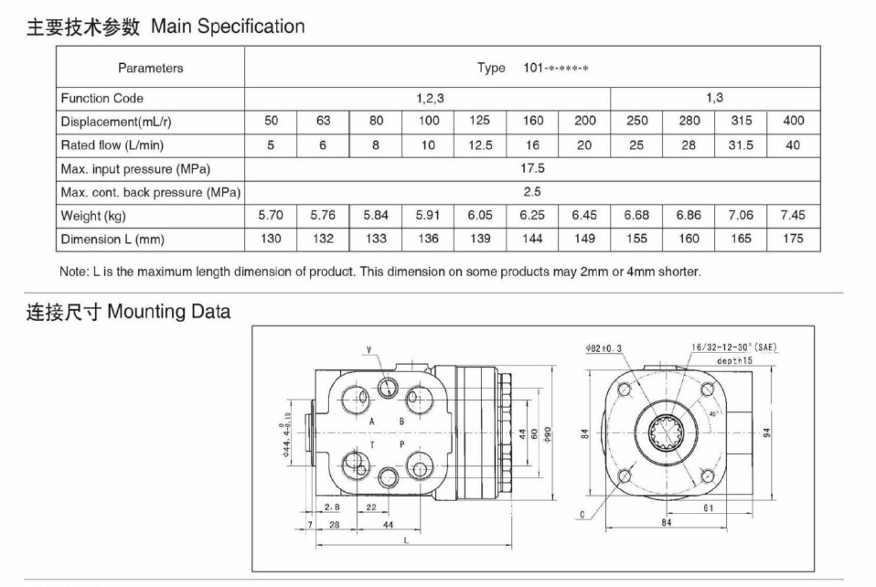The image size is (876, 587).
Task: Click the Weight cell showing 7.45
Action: click(793, 215)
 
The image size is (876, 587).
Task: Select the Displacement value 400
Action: click(793, 121)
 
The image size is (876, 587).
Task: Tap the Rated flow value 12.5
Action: click(480, 144)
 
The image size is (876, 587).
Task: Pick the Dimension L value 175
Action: click(793, 239)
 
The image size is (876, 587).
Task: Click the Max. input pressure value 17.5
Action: click(532, 168)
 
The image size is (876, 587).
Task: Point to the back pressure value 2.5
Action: click(532, 192)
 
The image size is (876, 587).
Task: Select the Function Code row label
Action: click(102, 98)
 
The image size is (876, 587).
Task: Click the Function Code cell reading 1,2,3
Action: click(428, 98)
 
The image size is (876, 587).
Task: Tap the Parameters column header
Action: click(150, 68)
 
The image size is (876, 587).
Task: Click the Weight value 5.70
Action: click(272, 215)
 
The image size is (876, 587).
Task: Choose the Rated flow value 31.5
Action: click(741, 144)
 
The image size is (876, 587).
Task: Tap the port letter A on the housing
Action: click(372, 422)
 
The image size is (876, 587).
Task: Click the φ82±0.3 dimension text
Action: click(604, 348)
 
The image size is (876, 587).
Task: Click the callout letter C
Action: click(581, 516)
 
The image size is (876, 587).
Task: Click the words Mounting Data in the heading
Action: click(169, 312)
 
